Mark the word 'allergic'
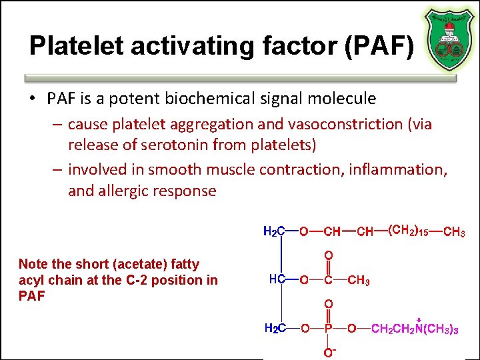(125, 191)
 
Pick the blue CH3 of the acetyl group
(359, 281)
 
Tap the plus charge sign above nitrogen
(419, 319)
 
